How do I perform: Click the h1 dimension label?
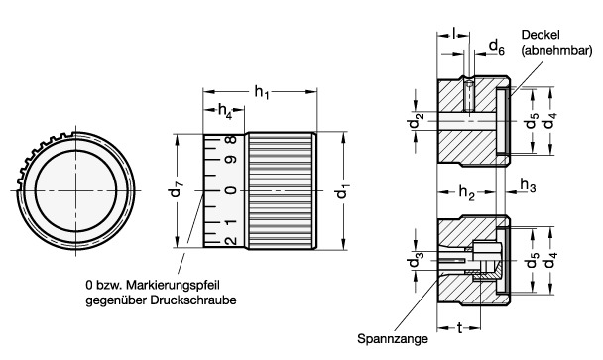(x=262, y=92)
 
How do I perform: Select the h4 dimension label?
(x=225, y=111)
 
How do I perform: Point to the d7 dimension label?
(x=177, y=188)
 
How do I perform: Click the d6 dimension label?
(x=497, y=48)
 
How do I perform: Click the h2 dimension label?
(x=466, y=192)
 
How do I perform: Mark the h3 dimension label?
(x=528, y=185)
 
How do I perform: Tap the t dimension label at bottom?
(x=459, y=328)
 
